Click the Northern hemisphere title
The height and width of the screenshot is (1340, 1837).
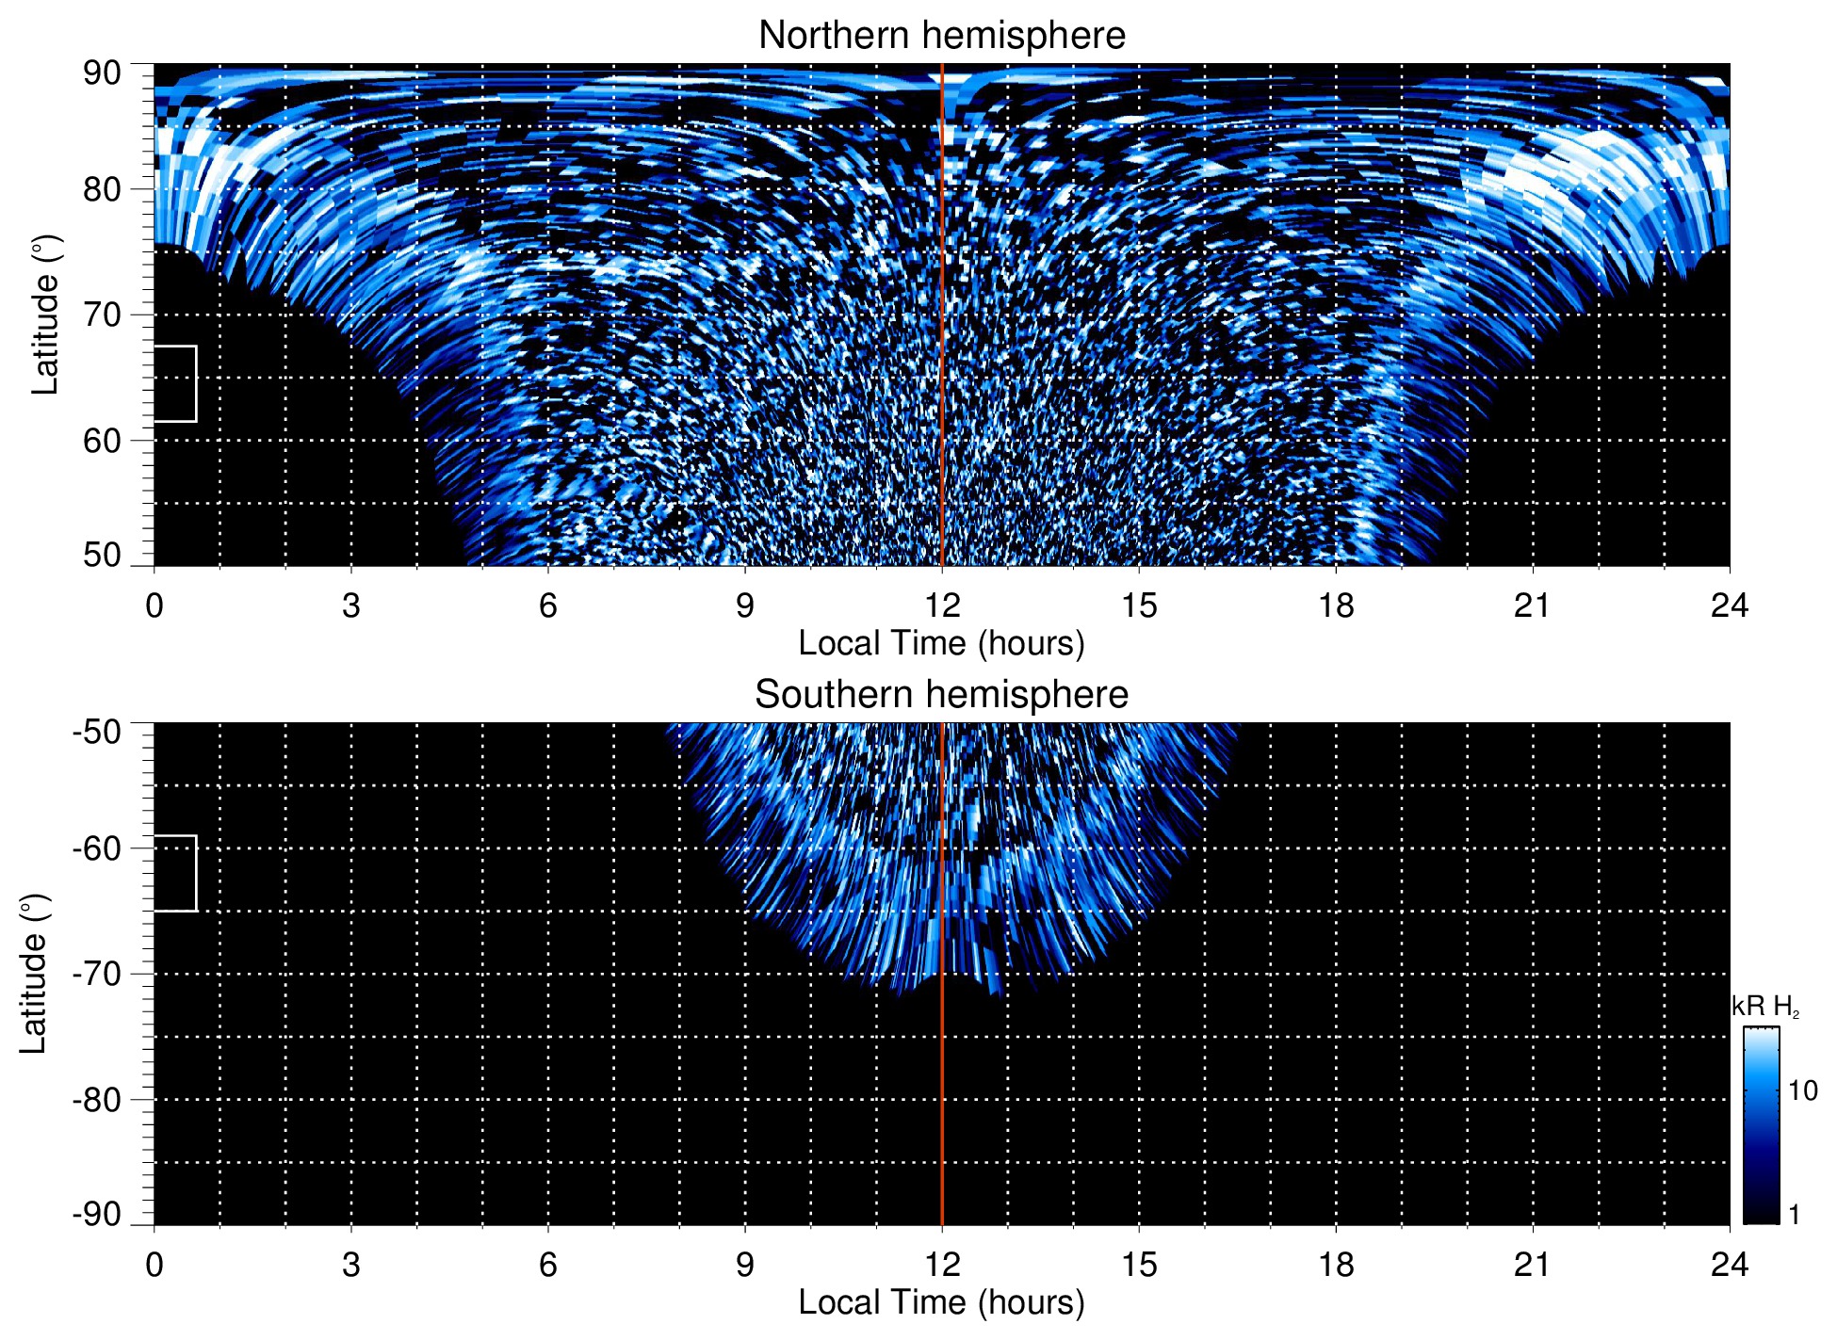[941, 36]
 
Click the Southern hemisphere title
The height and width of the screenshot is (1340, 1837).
[941, 695]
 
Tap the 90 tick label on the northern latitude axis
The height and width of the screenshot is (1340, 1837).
[102, 73]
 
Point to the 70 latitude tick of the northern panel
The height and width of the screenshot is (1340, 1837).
[102, 315]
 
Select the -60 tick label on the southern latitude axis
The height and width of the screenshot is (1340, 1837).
[97, 848]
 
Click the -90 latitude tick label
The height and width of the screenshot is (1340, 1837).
[97, 1214]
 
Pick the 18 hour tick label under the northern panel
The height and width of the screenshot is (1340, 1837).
[1336, 605]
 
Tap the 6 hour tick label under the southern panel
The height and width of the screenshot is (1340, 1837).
[548, 1265]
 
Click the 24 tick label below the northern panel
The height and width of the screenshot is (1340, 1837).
[1729, 605]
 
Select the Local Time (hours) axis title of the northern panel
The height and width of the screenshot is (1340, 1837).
[941, 643]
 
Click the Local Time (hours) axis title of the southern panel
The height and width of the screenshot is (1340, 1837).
[941, 1302]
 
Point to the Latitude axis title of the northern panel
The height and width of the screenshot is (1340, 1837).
[45, 315]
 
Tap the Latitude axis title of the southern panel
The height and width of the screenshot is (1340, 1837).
[34, 974]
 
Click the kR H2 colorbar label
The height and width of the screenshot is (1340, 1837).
[1765, 1007]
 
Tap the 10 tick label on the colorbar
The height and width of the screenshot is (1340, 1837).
[1802, 1091]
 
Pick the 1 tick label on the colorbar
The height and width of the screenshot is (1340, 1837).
[1794, 1215]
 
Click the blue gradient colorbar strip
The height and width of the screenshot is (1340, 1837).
[1761, 1125]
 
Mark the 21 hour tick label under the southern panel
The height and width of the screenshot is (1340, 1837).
[1532, 1265]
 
